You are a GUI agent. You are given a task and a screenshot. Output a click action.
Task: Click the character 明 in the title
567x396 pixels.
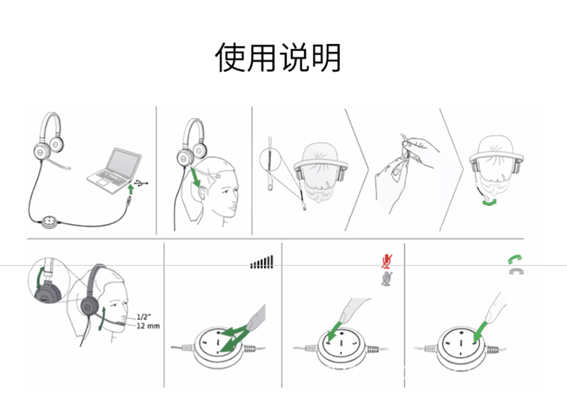pyautogui.click(x=326, y=58)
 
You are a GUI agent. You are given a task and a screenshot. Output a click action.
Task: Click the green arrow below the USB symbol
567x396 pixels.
pyautogui.click(x=131, y=190)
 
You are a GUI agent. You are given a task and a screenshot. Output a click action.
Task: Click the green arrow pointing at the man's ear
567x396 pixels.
pyautogui.click(x=195, y=177)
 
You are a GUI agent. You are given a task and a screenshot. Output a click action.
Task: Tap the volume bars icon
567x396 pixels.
pyautogui.click(x=262, y=262)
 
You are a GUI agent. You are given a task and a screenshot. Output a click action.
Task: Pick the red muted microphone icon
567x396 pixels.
pyautogui.click(x=387, y=261)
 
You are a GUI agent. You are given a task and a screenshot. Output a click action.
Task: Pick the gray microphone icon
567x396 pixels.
pyautogui.click(x=387, y=279)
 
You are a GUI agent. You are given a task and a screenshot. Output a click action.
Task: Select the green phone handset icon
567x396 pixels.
pyautogui.click(x=515, y=259)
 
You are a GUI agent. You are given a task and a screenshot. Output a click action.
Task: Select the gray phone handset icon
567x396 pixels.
pyautogui.click(x=516, y=271)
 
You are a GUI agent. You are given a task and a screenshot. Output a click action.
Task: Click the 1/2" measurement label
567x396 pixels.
pyautogui.click(x=144, y=317)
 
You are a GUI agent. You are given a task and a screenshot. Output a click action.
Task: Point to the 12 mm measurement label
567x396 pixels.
pyautogui.click(x=148, y=326)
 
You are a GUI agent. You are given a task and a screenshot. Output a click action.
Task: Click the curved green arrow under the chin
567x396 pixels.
pyautogui.click(x=489, y=203)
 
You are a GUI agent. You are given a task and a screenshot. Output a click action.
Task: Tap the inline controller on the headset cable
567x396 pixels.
pyautogui.click(x=49, y=222)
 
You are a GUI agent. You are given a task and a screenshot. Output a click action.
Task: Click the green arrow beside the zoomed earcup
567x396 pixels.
pyautogui.click(x=40, y=278)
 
